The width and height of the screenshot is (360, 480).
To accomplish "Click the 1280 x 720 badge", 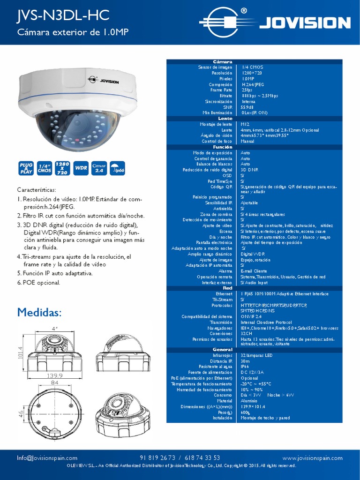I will (63, 168).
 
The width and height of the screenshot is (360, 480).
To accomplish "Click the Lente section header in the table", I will (225, 119).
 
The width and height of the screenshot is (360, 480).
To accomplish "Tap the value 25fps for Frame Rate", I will (247, 90).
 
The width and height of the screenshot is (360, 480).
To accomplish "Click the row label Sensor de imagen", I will (215, 67).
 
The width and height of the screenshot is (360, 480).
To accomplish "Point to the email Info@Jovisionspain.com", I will (47, 457).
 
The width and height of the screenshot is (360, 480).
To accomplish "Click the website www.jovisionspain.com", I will (312, 457).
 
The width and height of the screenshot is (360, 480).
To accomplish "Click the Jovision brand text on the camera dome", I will (108, 82).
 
